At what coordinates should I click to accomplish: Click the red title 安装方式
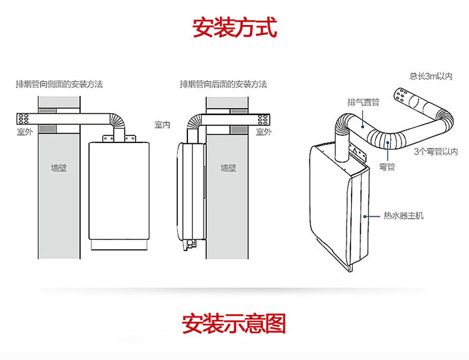234,28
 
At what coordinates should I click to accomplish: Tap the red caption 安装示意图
234,324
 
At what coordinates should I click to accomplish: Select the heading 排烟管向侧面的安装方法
59,84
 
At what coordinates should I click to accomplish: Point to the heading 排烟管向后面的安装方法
223,84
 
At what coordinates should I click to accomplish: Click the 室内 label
162,124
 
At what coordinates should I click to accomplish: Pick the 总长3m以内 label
430,76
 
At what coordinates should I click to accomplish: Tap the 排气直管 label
363,102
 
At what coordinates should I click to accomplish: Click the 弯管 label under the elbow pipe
387,167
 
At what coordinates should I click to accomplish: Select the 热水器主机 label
403,216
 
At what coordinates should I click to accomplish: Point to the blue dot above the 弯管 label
387,143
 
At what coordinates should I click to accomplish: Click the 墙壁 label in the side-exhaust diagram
60,167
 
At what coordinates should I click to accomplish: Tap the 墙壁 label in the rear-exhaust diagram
228,167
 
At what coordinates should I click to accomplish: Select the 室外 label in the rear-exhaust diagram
264,132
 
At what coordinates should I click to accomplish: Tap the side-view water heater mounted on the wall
190,194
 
